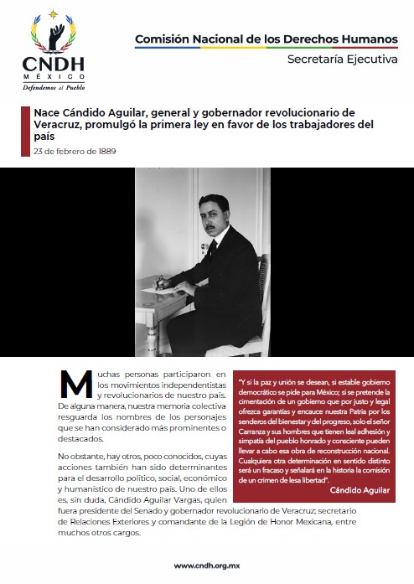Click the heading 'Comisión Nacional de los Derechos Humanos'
coord(267,39)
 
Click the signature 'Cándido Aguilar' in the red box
coord(360,490)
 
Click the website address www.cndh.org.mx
coord(207,566)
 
